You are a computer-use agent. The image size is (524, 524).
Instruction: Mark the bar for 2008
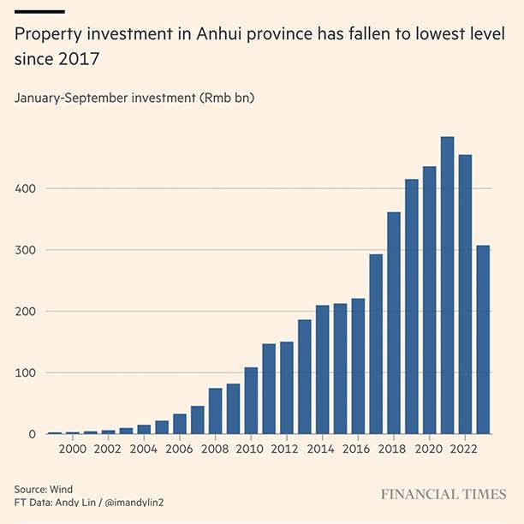(x=216, y=411)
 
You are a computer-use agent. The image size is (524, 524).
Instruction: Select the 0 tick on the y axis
(x=33, y=434)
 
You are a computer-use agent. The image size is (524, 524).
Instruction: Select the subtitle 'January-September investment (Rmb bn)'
(x=134, y=98)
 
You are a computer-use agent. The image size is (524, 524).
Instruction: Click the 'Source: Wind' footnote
(x=44, y=488)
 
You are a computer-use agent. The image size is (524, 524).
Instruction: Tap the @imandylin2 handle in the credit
(x=134, y=501)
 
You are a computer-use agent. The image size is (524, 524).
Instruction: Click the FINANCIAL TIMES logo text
(x=444, y=495)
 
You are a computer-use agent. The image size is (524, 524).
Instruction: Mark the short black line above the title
(x=39, y=11)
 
